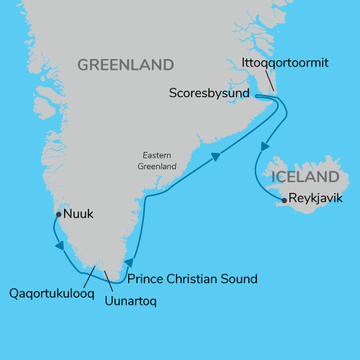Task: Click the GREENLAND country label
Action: [x=125, y=65]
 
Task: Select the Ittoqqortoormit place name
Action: [x=286, y=63]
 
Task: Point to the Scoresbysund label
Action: [x=209, y=93]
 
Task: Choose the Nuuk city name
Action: [x=78, y=214]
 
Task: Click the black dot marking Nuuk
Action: [x=58, y=214]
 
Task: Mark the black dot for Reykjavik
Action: [x=285, y=201]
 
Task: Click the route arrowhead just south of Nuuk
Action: [x=58, y=246]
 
